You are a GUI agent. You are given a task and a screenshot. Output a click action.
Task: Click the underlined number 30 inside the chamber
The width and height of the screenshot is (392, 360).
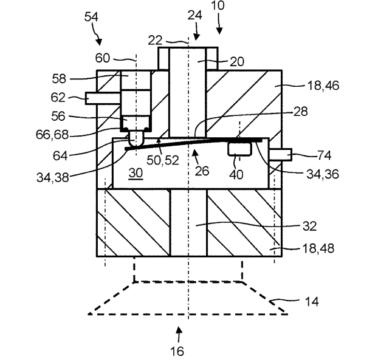[135, 173]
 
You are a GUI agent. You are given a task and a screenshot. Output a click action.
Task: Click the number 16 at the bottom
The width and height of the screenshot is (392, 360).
[177, 351]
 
